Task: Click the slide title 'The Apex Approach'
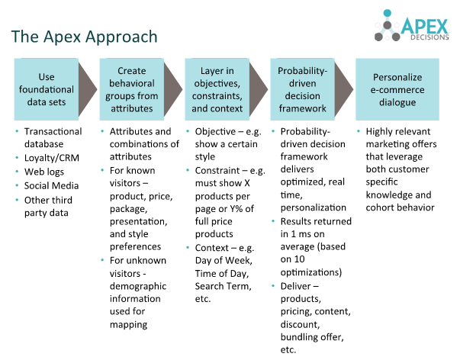click(x=85, y=37)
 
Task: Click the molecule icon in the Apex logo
click(x=388, y=25)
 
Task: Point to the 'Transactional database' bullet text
click(x=53, y=137)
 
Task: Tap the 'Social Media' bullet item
click(x=52, y=185)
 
